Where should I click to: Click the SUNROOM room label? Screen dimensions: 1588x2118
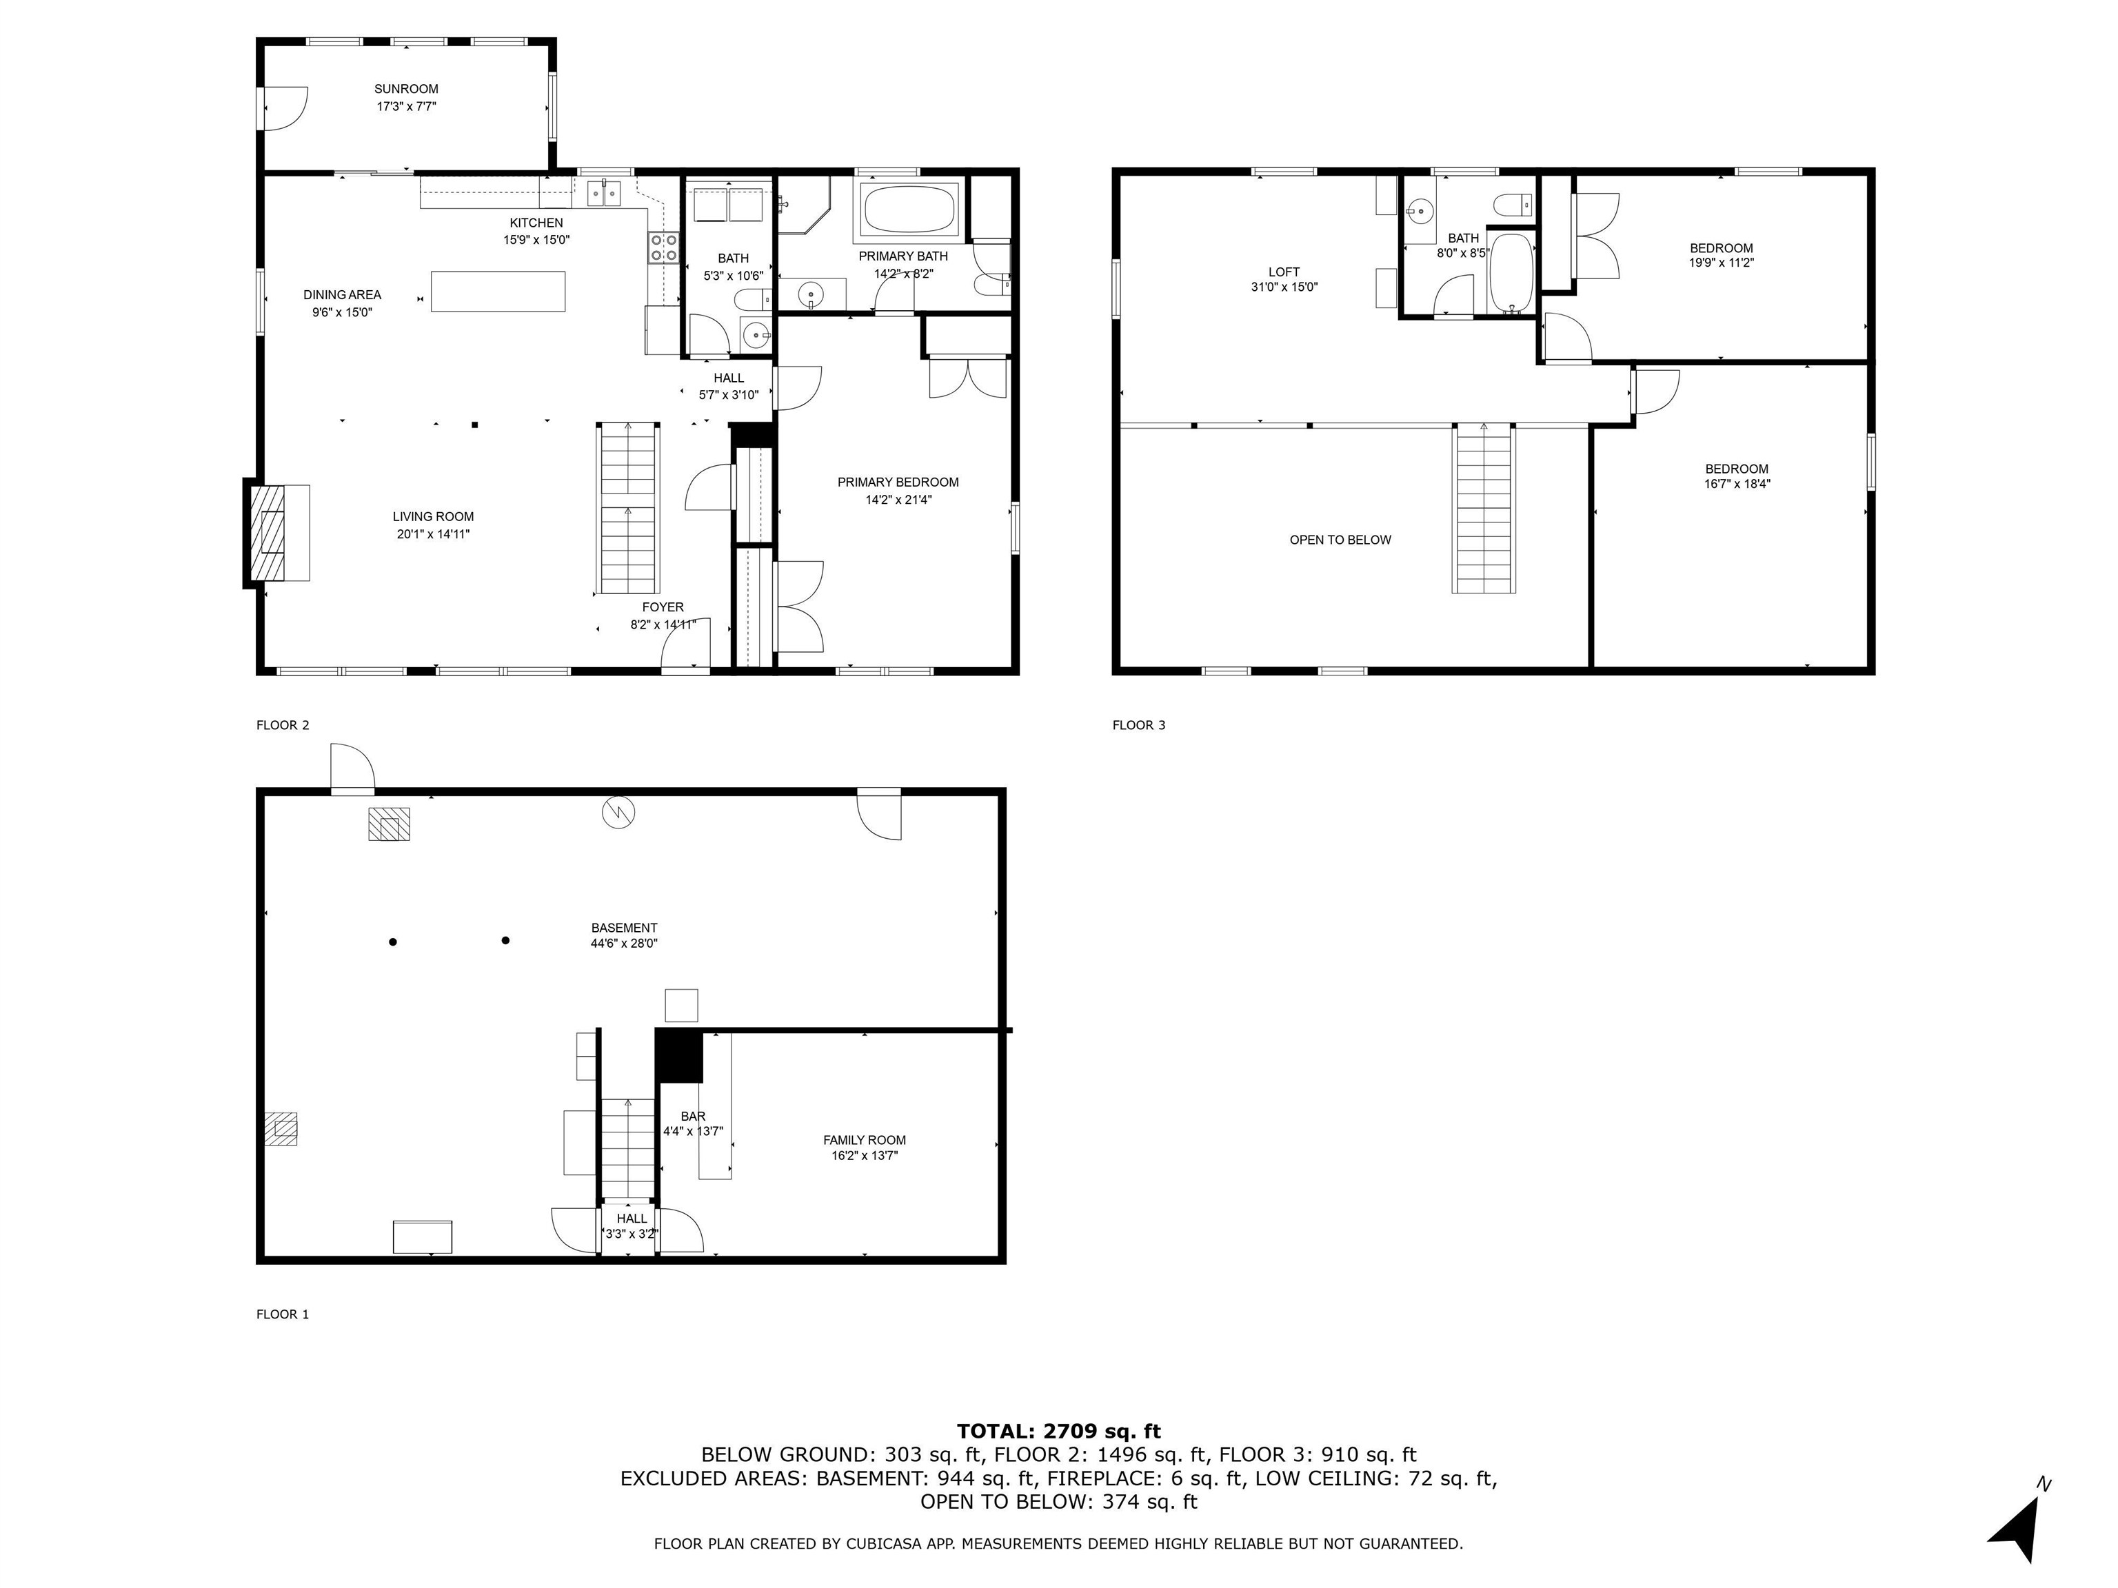pos(406,89)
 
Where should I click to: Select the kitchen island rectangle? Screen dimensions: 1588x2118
pos(497,291)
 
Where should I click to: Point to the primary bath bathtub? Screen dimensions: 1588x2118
pos(909,209)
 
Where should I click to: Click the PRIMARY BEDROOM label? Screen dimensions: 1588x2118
pos(897,482)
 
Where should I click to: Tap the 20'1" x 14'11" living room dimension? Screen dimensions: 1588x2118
pos(433,534)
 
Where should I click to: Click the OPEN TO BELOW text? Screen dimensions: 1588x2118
pos(1340,540)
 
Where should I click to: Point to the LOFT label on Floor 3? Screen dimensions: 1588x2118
pos(1283,272)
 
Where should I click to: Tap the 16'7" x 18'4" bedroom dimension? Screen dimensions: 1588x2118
pos(1736,485)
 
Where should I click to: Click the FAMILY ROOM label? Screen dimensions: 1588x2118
pos(864,1140)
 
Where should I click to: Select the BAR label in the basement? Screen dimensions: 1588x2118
pos(692,1116)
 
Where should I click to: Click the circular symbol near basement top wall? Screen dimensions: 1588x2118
pos(618,813)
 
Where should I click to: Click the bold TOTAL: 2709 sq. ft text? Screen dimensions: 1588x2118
pos(1058,1431)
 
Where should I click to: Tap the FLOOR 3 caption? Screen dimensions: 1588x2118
pos(1138,724)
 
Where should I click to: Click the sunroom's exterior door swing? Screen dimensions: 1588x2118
pos(286,108)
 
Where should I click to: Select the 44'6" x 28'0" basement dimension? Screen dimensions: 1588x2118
pos(623,944)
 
